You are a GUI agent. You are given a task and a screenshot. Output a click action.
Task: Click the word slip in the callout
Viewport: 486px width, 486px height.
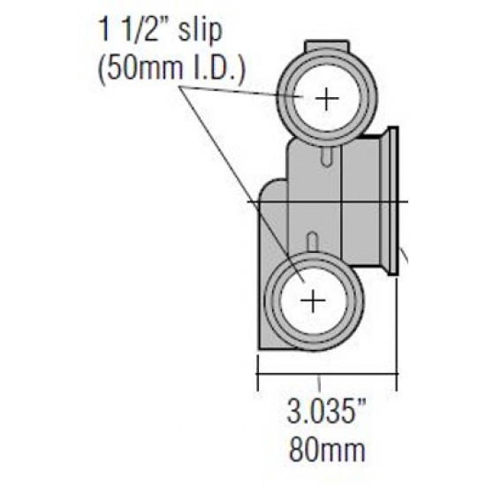coord(201,29)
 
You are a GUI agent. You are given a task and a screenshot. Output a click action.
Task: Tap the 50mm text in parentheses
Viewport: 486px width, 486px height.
coord(140,69)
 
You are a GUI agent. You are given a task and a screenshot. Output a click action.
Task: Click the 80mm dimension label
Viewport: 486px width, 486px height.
coord(327,449)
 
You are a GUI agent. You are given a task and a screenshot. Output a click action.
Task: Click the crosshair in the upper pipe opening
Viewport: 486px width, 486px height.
coord(327,99)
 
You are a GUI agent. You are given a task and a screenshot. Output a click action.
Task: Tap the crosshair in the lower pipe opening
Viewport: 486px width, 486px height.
coord(313,300)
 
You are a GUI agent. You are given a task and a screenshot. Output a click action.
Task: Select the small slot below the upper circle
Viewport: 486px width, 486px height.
coord(327,156)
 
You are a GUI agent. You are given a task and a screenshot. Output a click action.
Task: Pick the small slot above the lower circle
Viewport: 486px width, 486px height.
coord(313,242)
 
